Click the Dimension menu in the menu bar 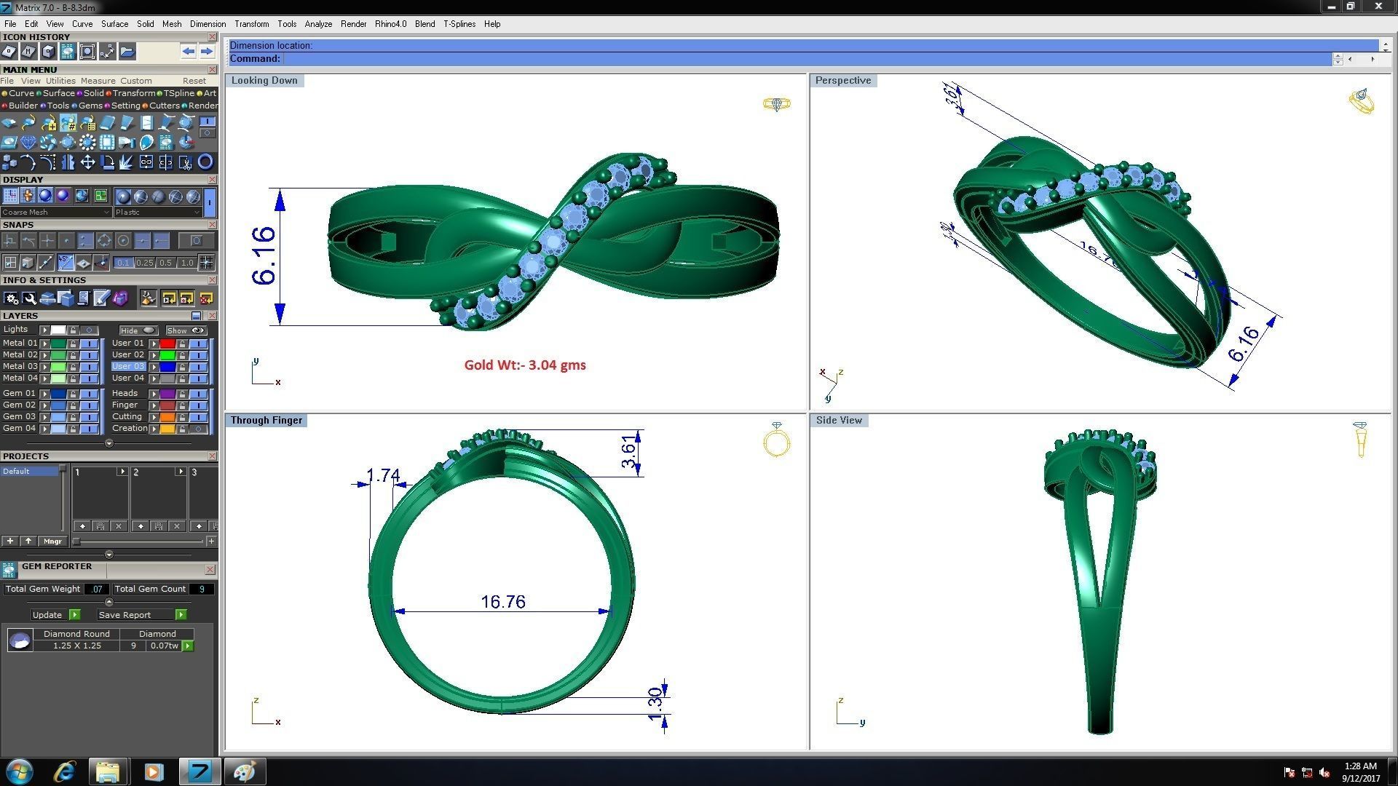tap(208, 24)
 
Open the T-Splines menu tap(459, 24)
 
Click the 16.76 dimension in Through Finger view tap(502, 602)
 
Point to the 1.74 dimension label tap(383, 475)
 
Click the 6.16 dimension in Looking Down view tap(264, 255)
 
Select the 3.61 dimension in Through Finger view tap(629, 452)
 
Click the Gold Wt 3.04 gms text tap(525, 365)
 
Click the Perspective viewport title tap(842, 81)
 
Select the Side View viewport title tap(839, 421)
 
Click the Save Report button tap(125, 615)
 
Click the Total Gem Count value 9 tap(201, 589)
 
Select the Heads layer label tap(125, 393)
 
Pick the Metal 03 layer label tap(20, 367)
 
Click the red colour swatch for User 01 tap(167, 344)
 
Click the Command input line tap(801, 59)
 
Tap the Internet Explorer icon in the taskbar tap(65, 771)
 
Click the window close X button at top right tap(1378, 7)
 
